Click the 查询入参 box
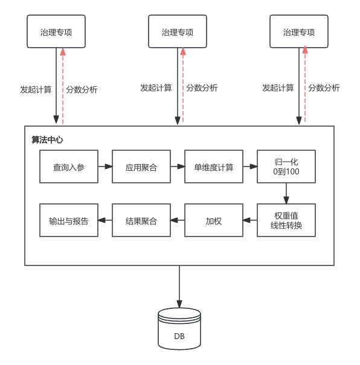[x=69, y=167]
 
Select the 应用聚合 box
[x=141, y=167]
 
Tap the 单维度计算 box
[x=214, y=167]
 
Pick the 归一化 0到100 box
[x=286, y=167]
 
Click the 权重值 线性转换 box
[x=286, y=220]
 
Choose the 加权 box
[x=214, y=220]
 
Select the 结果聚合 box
[x=141, y=220]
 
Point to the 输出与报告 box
[x=69, y=220]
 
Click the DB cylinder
[x=179, y=329]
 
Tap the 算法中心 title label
[x=47, y=140]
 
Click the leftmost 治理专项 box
[x=56, y=31]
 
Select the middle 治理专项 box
[x=178, y=31]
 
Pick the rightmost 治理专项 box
[x=299, y=31]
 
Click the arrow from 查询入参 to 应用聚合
[x=105, y=167]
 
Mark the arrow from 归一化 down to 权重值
[x=286, y=194]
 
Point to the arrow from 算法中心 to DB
[x=179, y=287]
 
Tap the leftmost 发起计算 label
[x=36, y=89]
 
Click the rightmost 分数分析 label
[x=324, y=88]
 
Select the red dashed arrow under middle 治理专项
[x=183, y=84]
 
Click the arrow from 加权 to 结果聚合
[x=178, y=220]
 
